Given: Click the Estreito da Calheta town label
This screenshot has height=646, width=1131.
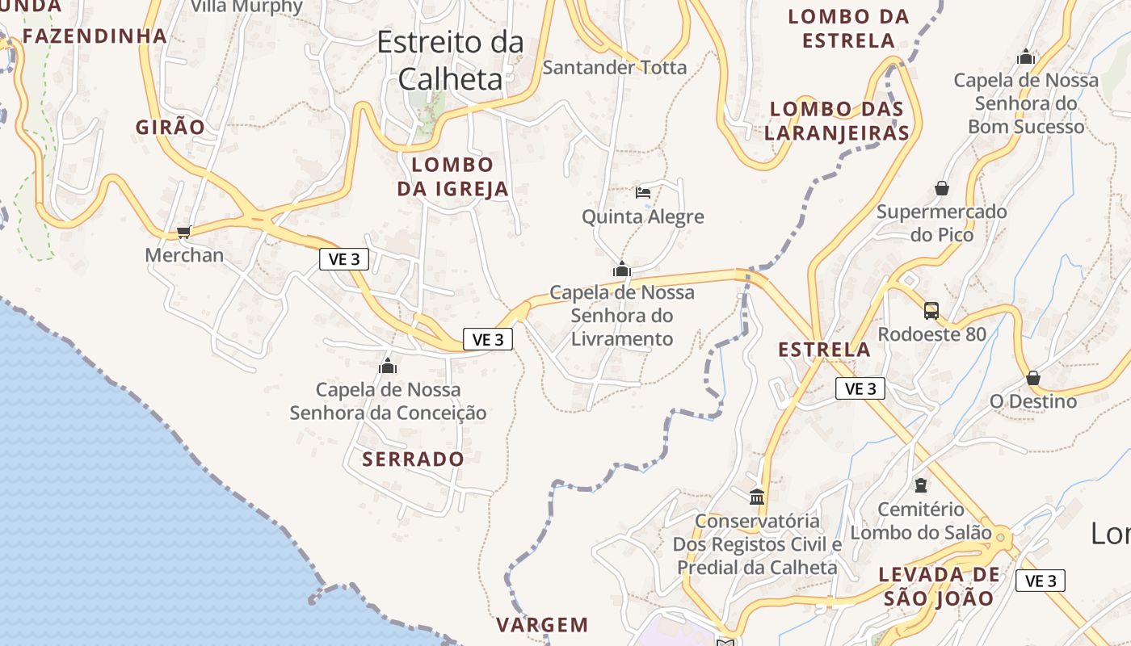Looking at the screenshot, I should pos(450,61).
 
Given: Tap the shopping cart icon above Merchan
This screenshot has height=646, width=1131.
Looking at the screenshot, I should pos(183,233).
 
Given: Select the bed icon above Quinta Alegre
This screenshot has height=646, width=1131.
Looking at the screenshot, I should pos(643,192).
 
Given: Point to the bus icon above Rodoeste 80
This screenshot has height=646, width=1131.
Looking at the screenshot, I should pos(931,310).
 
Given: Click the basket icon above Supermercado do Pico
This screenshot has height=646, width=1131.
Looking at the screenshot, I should pos(942,188).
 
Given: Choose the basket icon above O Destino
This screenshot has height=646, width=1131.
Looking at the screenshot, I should pos(1032,378).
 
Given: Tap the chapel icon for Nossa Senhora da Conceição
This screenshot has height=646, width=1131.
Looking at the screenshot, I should pos(388,366).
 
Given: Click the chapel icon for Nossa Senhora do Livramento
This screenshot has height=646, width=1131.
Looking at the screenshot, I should pos(622,269).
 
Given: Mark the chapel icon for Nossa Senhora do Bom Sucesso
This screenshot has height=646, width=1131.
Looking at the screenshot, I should pos(1026,57).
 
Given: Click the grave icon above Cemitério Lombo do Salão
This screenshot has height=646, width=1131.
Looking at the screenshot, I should pos(920,485).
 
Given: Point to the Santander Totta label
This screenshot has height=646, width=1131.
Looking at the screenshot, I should pos(615,67).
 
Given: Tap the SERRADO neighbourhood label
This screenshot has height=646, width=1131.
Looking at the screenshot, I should pos(413,459).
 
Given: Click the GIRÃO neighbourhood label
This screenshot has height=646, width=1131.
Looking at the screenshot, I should pos(170,127).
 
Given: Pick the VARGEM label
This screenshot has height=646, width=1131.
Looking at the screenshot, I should pos(542,624).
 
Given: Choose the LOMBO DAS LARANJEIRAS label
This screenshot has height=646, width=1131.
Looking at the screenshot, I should pos(837,121).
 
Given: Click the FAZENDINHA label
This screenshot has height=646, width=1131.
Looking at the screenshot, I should pos(95,36).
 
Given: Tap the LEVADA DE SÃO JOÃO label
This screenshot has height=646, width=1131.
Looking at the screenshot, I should pos(939,586).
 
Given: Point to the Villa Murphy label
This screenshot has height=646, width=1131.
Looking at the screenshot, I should pos(246,7).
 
